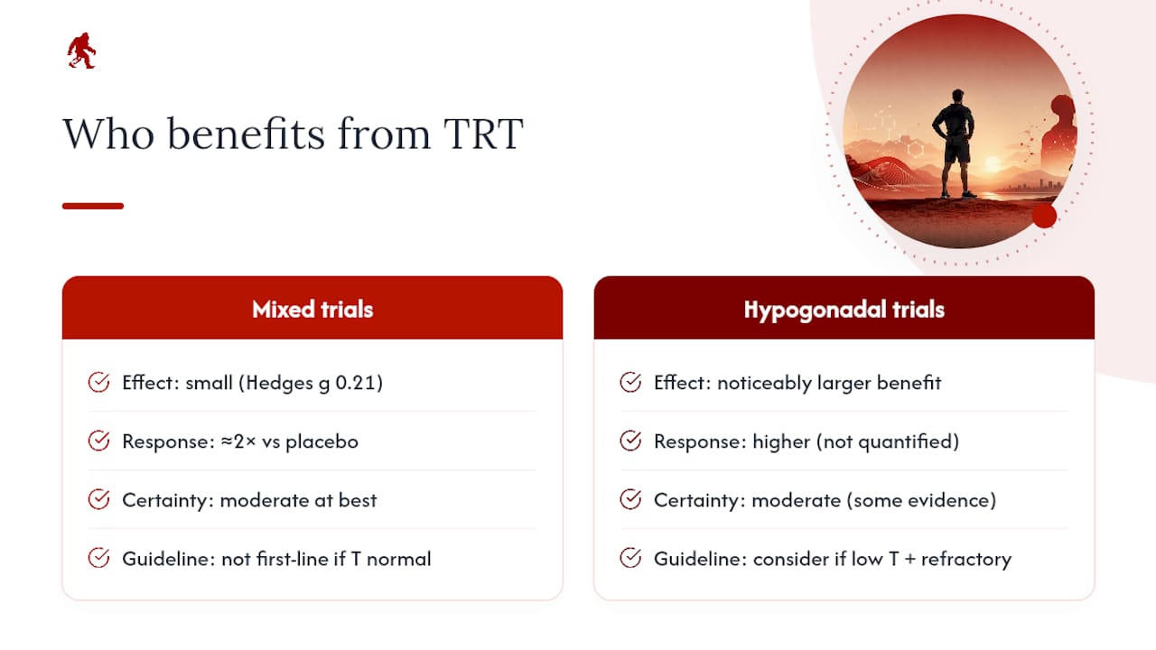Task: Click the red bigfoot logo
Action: (81, 51)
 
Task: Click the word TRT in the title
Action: (483, 134)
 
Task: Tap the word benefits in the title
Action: (247, 133)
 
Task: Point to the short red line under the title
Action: (93, 206)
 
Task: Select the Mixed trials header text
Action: (312, 309)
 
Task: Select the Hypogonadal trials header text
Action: (844, 310)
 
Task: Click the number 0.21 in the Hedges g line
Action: (355, 383)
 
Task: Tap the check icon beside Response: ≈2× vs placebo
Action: (98, 441)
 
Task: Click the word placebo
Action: (322, 442)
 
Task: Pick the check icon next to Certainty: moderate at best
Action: (98, 499)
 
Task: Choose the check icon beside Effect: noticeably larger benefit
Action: (630, 382)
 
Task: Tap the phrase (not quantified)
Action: (888, 441)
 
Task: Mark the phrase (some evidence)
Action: (922, 500)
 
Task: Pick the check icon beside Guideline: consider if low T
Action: (630, 558)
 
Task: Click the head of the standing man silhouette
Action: (958, 97)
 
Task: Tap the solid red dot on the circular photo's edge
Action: (1045, 216)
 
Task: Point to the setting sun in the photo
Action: (992, 164)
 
